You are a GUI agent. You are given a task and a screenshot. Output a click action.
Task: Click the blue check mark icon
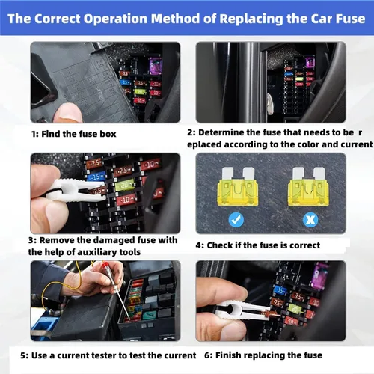point(236,220)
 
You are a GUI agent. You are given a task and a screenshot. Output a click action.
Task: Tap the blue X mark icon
point(310,220)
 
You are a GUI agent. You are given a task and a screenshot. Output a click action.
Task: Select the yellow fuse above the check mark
point(238,186)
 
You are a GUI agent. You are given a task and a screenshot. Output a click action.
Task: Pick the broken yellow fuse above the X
point(309,186)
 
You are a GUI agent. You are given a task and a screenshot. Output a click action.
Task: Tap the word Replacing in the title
point(251,19)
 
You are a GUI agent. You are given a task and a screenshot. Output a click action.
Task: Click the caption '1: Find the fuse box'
point(74,134)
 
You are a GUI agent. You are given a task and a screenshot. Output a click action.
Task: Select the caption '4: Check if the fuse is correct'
point(258,245)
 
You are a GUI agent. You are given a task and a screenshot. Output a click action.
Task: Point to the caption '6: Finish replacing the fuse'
point(263,355)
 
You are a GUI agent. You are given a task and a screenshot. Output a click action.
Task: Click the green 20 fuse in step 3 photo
point(125,185)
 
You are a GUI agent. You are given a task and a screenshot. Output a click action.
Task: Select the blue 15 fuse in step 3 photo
point(96,177)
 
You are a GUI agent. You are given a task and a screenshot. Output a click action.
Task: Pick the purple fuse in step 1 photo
point(155,66)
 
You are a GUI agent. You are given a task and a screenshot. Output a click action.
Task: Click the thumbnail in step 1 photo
point(67,113)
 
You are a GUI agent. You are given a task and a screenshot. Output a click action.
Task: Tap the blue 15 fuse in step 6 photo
point(280,290)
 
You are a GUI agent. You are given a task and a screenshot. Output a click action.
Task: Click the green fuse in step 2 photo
point(299,79)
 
